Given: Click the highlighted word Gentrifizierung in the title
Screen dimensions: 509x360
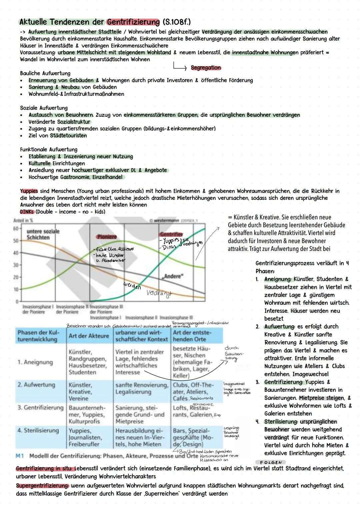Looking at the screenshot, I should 133,22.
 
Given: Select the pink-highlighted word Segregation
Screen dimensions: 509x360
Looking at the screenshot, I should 206,68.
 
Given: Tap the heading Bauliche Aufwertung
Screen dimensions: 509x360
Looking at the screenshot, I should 45,73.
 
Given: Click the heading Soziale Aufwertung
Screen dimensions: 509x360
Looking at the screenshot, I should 44,108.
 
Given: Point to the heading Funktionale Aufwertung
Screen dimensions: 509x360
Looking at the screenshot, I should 49,149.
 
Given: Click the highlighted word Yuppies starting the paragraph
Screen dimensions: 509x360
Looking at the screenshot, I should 29,191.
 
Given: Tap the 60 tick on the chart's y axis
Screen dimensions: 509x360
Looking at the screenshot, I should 15,229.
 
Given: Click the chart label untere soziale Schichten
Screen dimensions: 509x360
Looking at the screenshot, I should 43,234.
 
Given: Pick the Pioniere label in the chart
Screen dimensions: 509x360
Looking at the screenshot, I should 107,237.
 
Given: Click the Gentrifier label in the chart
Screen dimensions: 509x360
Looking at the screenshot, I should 171,234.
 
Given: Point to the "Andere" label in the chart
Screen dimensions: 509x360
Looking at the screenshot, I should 173,276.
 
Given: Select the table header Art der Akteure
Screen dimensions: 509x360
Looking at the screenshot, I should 89,336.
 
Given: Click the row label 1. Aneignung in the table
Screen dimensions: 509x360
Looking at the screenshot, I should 35,362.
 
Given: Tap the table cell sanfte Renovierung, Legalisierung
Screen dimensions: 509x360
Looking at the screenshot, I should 142,388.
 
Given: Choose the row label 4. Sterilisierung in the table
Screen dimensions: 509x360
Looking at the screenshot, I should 38,430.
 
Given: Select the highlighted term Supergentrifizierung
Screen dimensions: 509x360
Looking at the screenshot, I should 42,486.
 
